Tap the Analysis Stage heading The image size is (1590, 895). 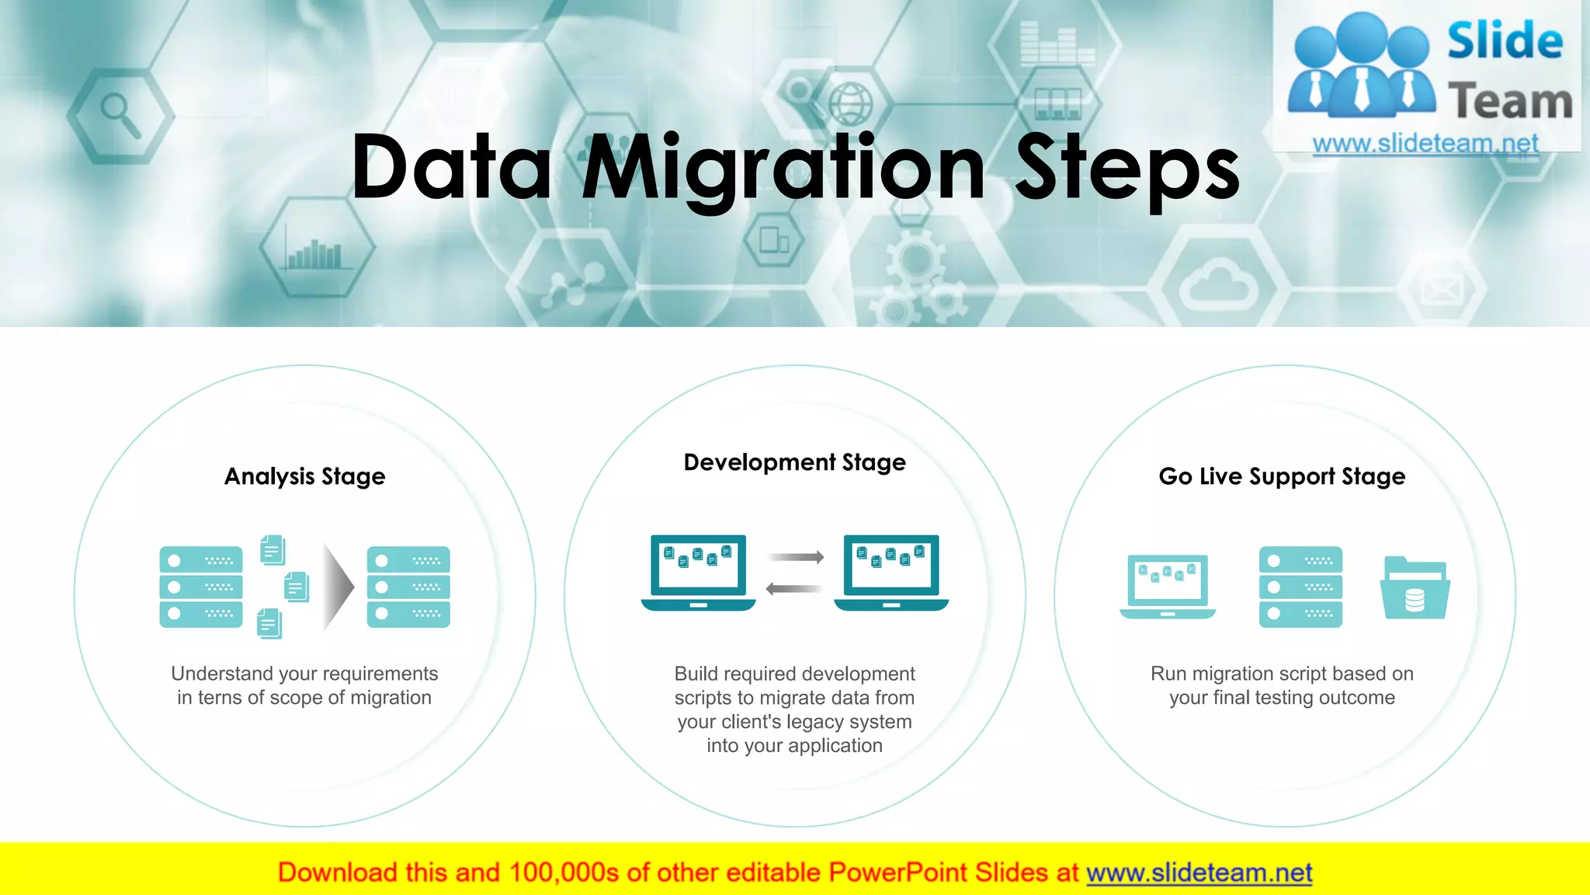click(x=304, y=476)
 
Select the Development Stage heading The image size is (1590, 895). click(x=794, y=462)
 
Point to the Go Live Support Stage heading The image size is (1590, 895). click(x=1282, y=476)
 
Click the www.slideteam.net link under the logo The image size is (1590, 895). click(x=1425, y=144)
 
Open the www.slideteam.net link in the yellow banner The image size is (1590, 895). click(x=1199, y=872)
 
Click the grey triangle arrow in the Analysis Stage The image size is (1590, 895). click(x=338, y=587)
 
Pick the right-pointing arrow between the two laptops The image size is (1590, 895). click(x=795, y=557)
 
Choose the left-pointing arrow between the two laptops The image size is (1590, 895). click(x=793, y=589)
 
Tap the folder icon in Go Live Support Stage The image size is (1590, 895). click(x=1415, y=588)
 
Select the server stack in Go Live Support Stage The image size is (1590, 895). click(x=1300, y=587)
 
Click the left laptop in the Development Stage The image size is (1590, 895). click(x=698, y=573)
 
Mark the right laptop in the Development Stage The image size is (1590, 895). click(x=891, y=573)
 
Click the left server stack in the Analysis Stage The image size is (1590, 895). click(x=201, y=587)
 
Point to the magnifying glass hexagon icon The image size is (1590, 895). click(x=120, y=115)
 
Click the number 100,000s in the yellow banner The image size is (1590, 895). click(x=564, y=872)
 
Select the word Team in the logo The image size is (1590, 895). click(x=1510, y=102)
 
